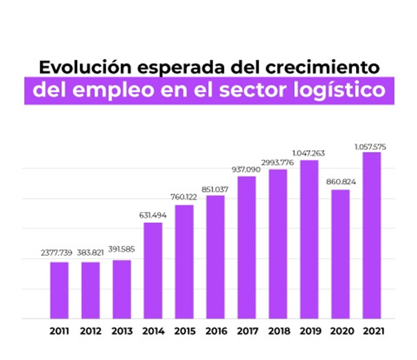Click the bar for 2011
[59, 290]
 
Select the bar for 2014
[153, 271]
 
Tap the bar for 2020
[340, 254]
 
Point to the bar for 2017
[246, 248]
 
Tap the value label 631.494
[153, 215]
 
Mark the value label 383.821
[90, 253]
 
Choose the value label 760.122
[184, 197]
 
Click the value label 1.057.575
[371, 146]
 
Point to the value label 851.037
[215, 188]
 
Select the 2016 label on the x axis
[215, 331]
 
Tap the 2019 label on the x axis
[309, 331]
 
